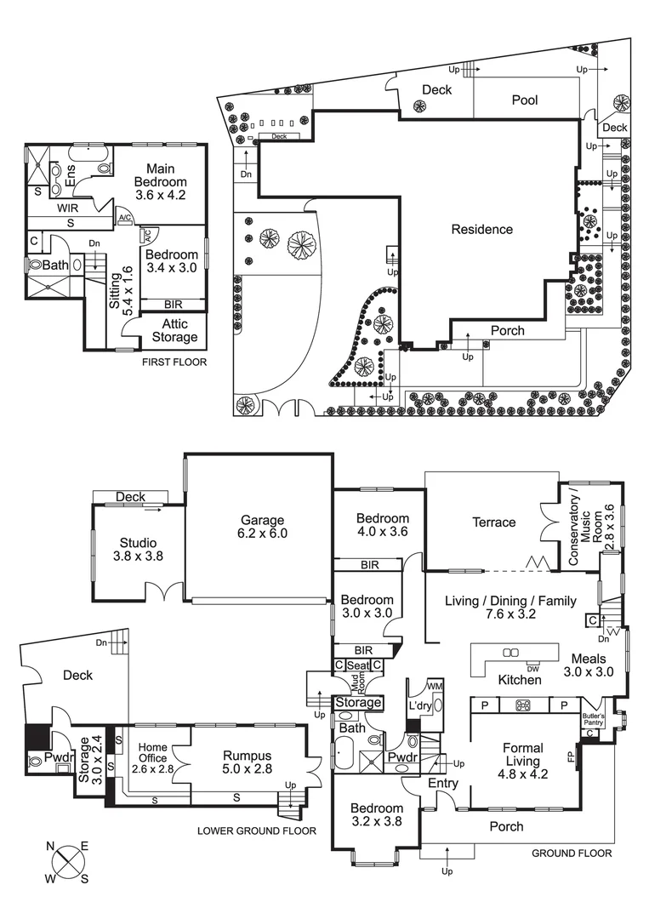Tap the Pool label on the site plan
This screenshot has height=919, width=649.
tap(525, 100)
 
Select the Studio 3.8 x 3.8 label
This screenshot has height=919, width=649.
tap(139, 549)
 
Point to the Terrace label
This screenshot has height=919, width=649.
tap(494, 522)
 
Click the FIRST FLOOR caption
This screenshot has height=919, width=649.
tap(174, 362)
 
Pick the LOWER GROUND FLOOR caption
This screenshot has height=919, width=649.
tap(257, 831)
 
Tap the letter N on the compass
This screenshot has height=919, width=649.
tap(50, 846)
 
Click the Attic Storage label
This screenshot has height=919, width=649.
tap(174, 330)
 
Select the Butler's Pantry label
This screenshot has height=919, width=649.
tap(593, 719)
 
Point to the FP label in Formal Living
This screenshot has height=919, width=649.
tap(571, 756)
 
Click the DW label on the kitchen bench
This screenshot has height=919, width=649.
tap(533, 669)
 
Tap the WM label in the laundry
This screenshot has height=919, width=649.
tap(436, 686)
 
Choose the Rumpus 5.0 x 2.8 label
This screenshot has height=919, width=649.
tap(248, 762)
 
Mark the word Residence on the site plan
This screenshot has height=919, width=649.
tap(482, 229)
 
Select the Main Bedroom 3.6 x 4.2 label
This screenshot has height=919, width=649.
tap(161, 182)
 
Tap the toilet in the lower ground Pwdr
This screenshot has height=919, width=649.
tap(35, 762)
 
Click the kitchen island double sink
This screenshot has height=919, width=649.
tap(510, 653)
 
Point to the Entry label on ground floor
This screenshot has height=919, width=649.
tap(443, 783)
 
